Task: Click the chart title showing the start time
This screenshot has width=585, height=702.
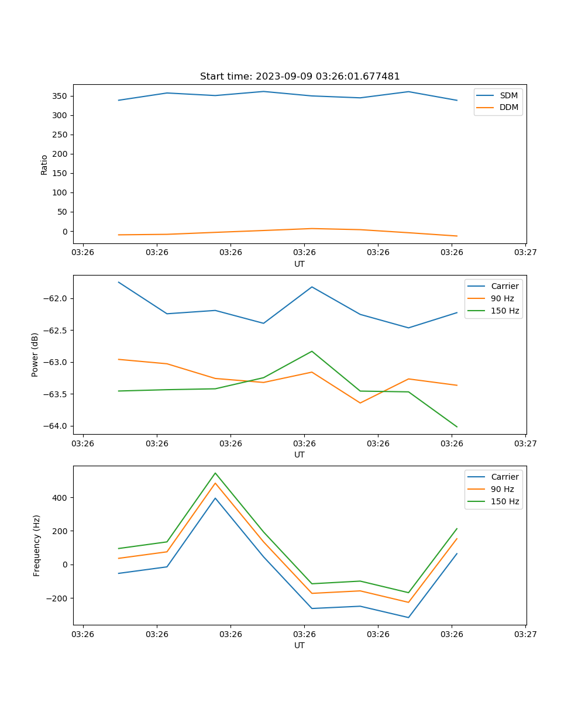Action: tap(300, 77)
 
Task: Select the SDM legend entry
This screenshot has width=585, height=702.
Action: tap(508, 95)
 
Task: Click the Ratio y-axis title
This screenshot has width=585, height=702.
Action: tap(44, 165)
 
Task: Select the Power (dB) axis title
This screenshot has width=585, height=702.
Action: tap(35, 355)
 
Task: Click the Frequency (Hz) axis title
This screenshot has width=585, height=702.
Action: tap(36, 545)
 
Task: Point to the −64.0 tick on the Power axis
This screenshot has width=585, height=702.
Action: tap(55, 426)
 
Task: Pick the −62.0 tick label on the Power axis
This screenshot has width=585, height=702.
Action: tap(55, 298)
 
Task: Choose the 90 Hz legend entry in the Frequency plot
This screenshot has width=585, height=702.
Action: tap(503, 489)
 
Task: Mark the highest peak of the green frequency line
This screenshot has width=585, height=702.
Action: tap(215, 473)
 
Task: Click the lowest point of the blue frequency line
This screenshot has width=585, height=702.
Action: tap(408, 617)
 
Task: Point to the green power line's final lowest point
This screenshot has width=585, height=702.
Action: tap(457, 426)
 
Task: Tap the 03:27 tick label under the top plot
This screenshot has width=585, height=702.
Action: tap(525, 253)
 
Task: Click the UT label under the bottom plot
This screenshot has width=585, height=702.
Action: tap(300, 645)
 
